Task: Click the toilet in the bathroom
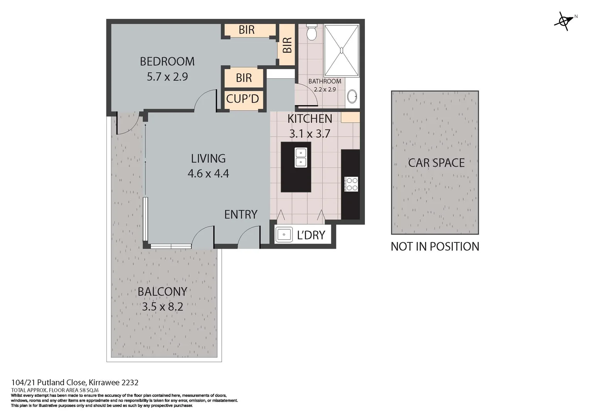312,32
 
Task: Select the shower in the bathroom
341,50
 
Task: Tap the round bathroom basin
352,97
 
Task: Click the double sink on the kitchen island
301,158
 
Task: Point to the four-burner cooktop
351,184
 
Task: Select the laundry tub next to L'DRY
284,234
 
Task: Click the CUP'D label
242,99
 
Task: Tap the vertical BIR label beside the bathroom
287,45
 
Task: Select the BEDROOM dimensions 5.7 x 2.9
167,77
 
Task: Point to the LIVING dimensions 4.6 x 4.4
208,174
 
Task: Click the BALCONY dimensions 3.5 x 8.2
162,307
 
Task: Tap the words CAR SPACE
436,163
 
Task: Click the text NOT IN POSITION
435,247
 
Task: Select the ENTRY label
241,215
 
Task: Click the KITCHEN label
310,119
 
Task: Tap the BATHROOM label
324,81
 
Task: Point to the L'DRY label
311,235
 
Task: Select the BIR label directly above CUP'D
244,78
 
